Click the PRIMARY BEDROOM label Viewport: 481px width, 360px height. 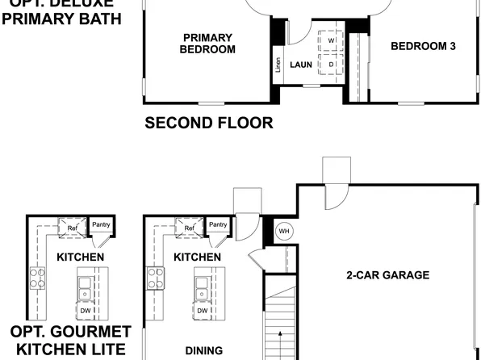tap(208, 44)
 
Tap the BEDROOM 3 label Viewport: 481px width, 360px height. tap(423, 46)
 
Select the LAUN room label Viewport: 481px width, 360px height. tap(301, 65)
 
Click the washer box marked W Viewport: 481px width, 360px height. tap(331, 40)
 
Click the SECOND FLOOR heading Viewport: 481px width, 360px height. tap(208, 123)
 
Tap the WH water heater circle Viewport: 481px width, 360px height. tap(283, 231)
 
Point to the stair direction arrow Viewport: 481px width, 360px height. tap(280, 335)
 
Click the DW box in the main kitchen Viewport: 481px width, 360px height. tap(203, 311)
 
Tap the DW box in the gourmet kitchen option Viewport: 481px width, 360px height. tap(85, 311)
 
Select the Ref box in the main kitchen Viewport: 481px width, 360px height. tap(190, 228)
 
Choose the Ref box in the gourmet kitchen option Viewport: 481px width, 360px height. tap(72, 228)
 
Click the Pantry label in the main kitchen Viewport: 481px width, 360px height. tap(218, 225)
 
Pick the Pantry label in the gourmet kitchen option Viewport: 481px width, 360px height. tap(100, 225)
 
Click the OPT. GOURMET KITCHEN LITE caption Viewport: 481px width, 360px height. tap(69, 341)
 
